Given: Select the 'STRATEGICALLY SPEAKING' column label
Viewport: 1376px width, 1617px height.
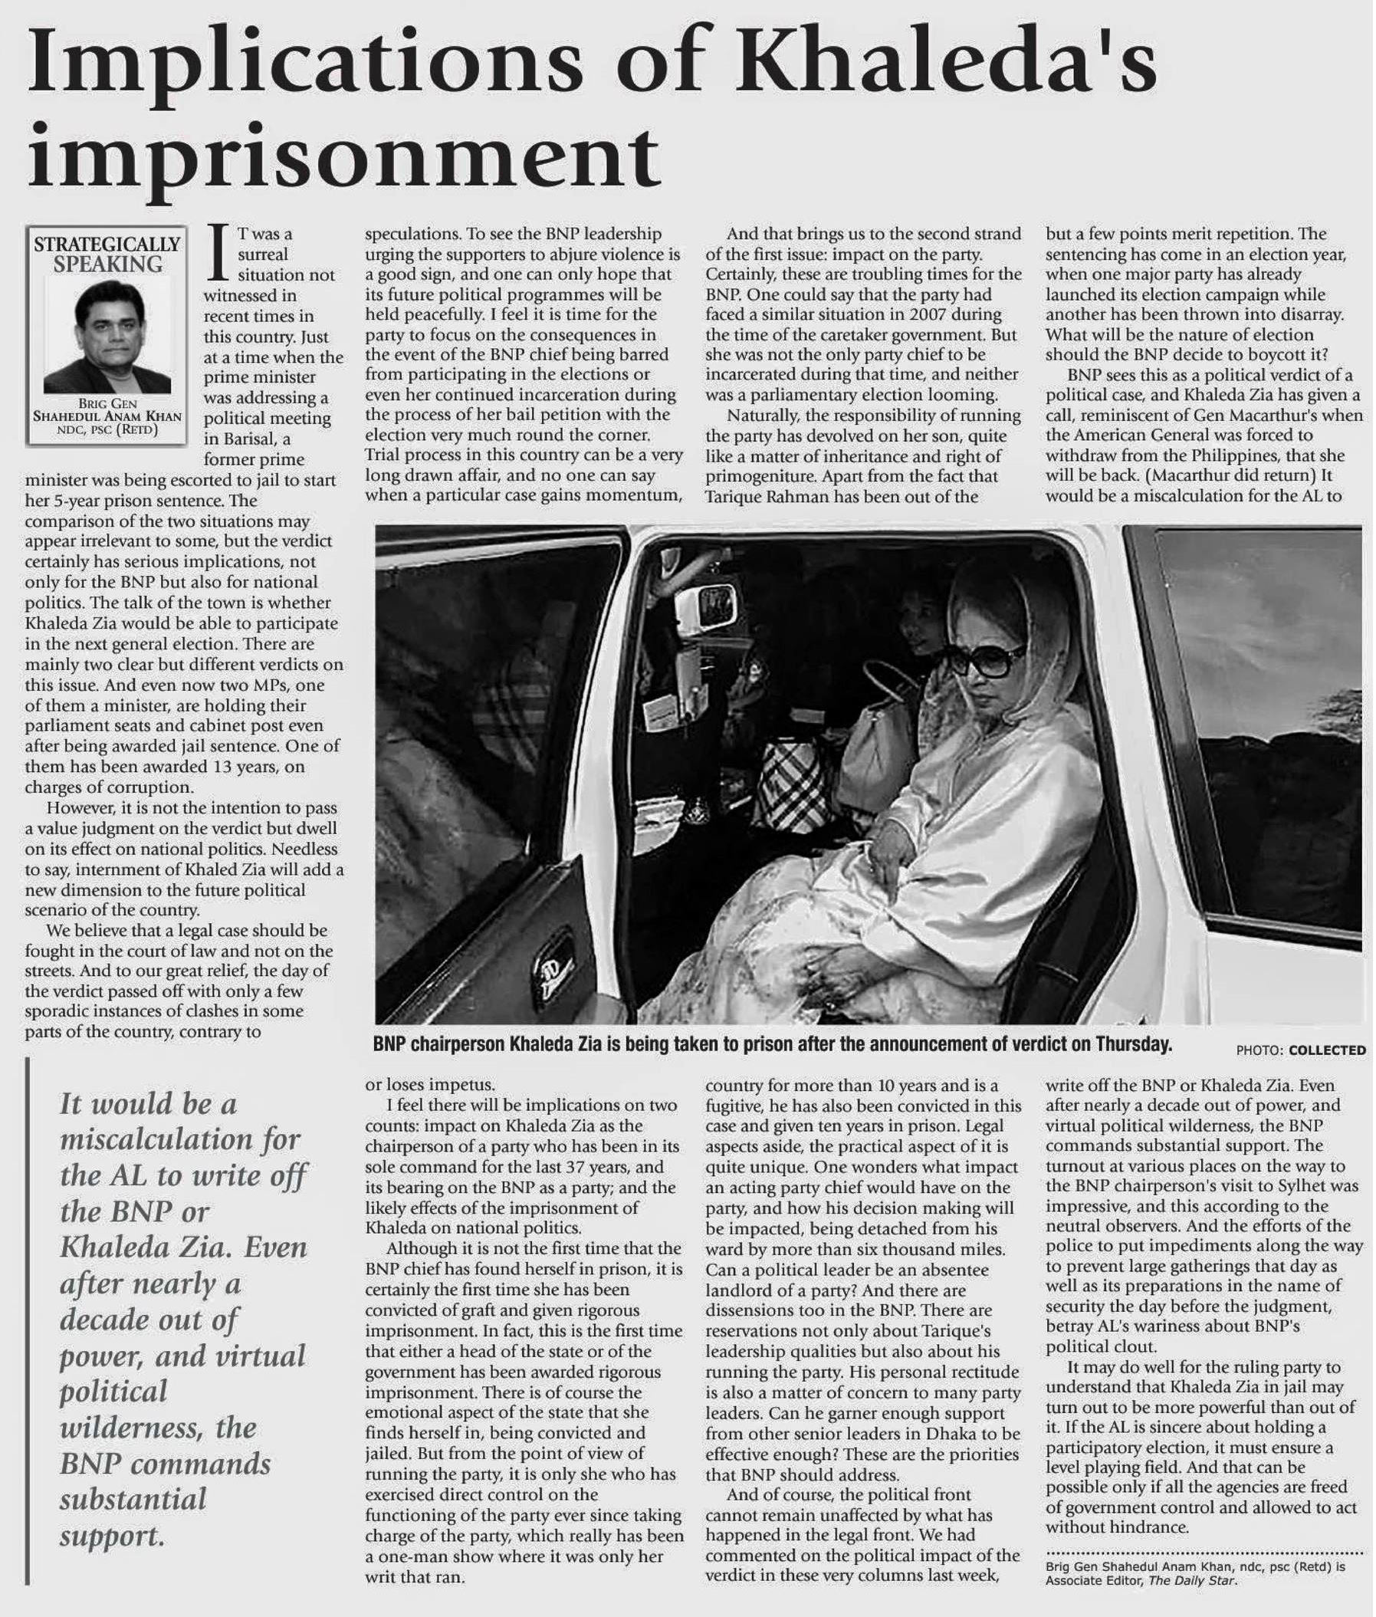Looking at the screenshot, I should point(107,255).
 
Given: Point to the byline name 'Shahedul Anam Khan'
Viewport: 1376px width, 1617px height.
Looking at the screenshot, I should point(107,416).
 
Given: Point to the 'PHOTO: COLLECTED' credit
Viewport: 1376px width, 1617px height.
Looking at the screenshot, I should point(1300,1050).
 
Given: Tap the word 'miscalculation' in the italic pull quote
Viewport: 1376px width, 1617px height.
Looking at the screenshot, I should point(180,1139).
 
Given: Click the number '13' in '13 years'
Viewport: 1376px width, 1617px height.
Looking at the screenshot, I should point(222,767).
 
